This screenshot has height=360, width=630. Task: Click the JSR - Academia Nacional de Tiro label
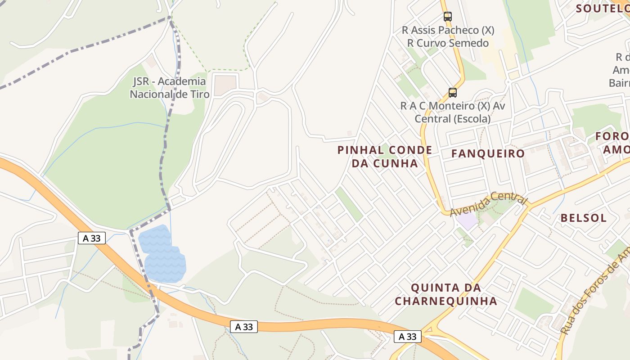pyautogui.click(x=169, y=88)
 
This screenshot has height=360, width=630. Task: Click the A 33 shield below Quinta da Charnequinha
pyautogui.click(x=408, y=336)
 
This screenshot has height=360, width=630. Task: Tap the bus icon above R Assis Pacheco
pyautogui.click(x=447, y=17)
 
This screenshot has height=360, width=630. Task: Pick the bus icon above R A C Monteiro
pyautogui.click(x=453, y=93)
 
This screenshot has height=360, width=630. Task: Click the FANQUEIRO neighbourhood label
pyautogui.click(x=488, y=153)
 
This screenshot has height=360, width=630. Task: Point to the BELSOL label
pyautogui.click(x=583, y=218)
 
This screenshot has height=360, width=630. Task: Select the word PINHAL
pyautogui.click(x=359, y=150)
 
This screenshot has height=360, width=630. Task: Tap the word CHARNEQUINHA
pyautogui.click(x=446, y=301)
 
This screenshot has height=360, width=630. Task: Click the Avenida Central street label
pyautogui.click(x=488, y=203)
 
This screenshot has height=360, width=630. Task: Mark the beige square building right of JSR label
pyautogui.click(x=225, y=85)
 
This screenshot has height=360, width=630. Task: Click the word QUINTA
pyautogui.click(x=435, y=288)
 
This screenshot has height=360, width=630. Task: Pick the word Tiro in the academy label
pyautogui.click(x=200, y=94)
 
